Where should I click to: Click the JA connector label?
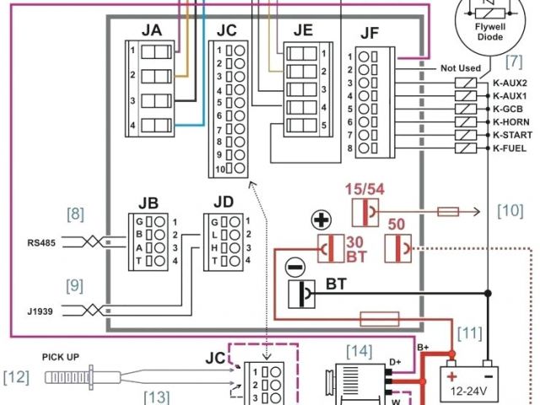[x=152, y=30]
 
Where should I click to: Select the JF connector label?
[x=370, y=35]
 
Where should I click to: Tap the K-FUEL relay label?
[x=510, y=148]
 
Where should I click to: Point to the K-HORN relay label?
[x=510, y=122]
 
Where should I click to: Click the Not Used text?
[x=460, y=68]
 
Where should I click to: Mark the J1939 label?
[x=40, y=311]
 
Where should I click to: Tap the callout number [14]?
[x=359, y=348]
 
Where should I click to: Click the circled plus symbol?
[x=321, y=221]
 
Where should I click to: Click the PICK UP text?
[x=61, y=357]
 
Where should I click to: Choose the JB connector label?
[x=148, y=202]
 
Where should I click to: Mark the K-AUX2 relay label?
[x=510, y=84]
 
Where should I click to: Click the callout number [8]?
[x=77, y=214]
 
